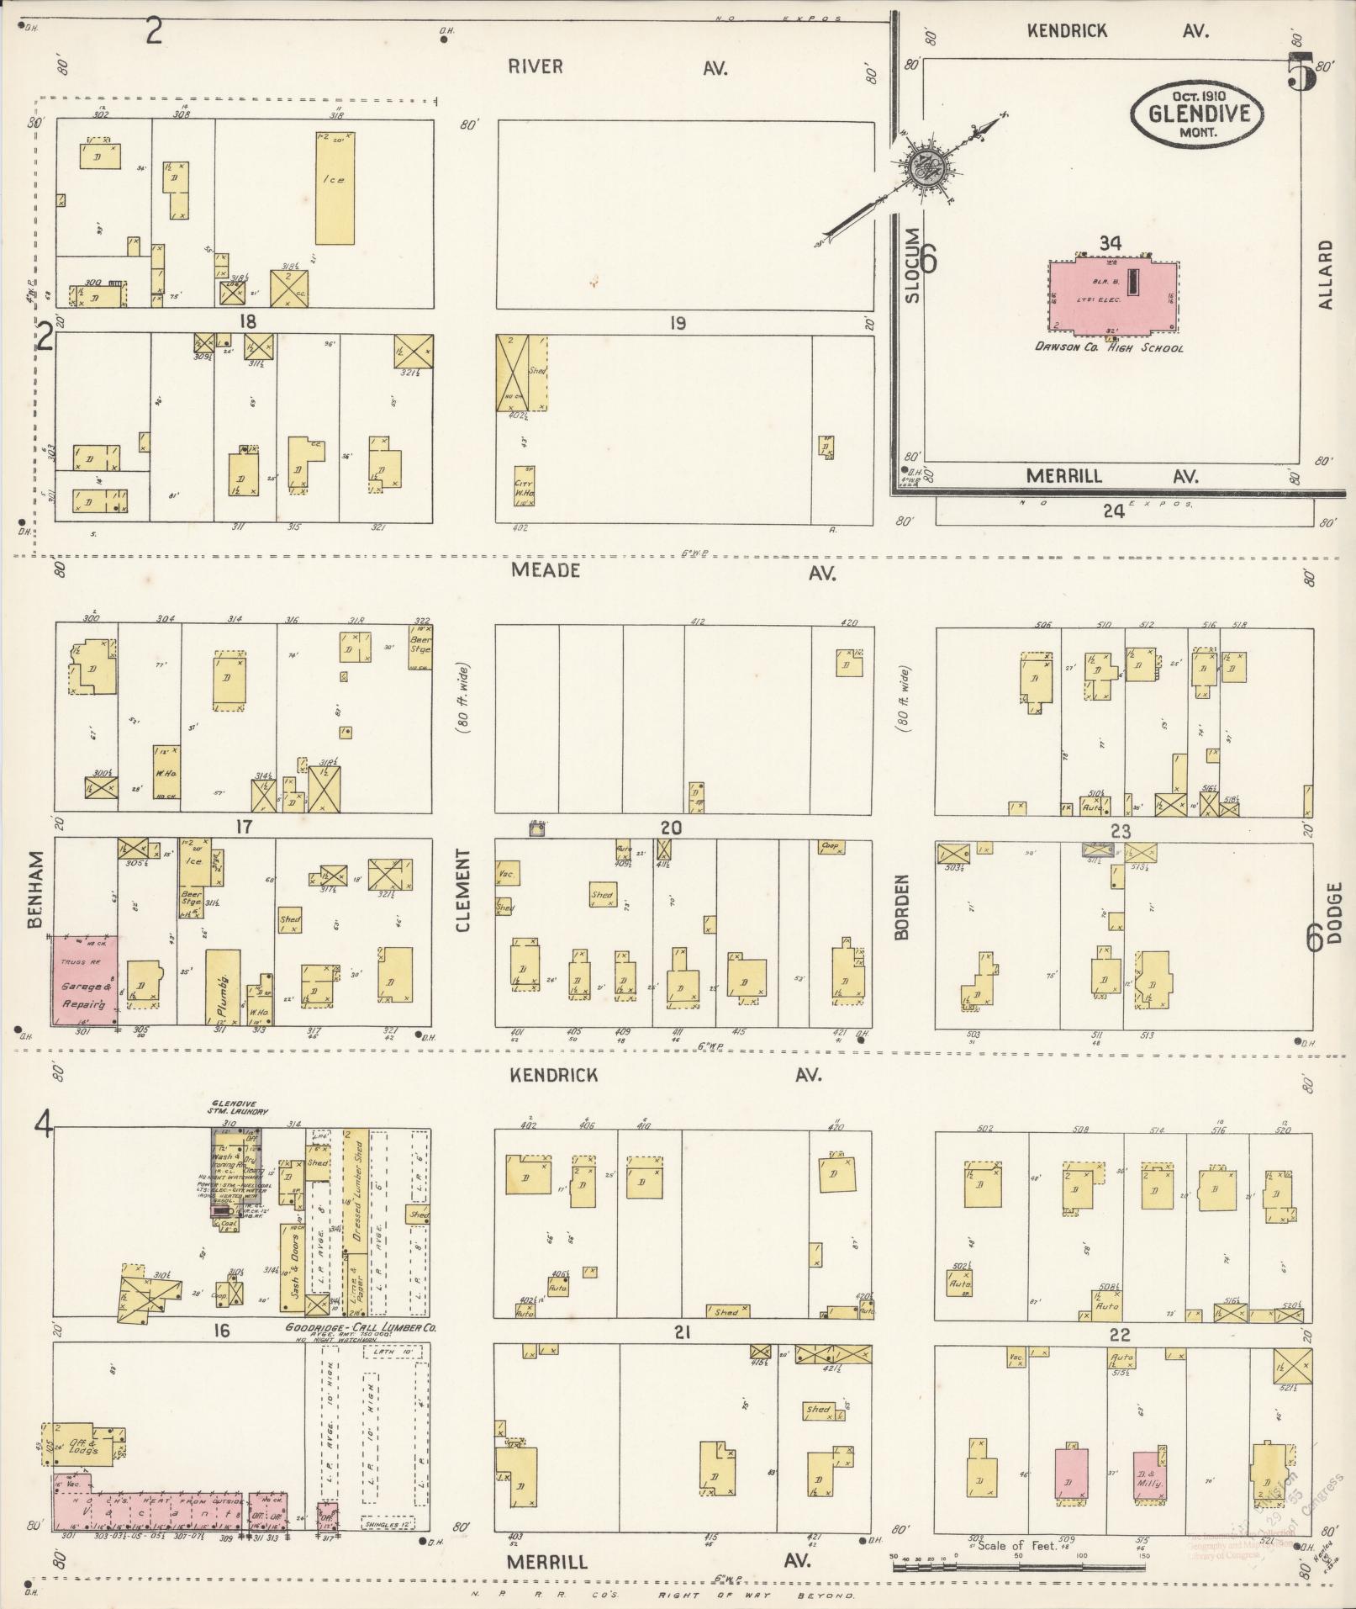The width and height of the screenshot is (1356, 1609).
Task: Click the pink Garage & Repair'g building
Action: (84, 980)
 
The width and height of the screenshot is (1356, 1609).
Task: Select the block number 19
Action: (678, 324)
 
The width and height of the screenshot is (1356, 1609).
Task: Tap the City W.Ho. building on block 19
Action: (525, 486)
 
